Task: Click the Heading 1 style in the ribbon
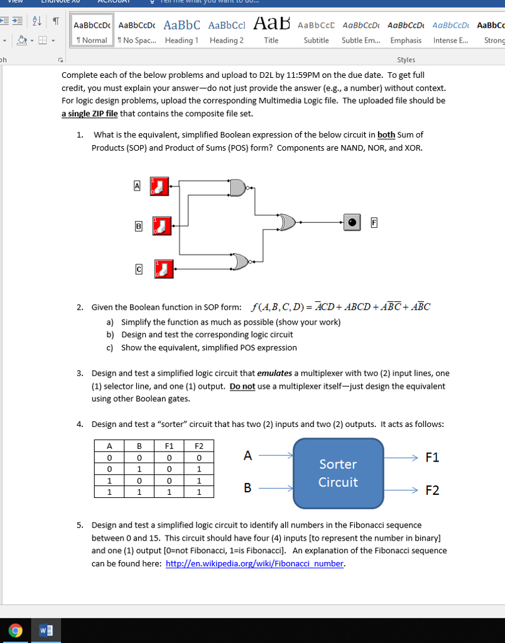click(182, 31)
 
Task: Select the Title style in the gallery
click(271, 31)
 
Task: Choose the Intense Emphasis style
click(450, 31)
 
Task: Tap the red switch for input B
click(163, 225)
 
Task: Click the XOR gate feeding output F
click(288, 222)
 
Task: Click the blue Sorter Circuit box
click(338, 473)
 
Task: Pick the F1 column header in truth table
click(169, 446)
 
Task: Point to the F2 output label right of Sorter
click(432, 490)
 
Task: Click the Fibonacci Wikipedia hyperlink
click(254, 563)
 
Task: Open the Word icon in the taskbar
click(45, 630)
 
